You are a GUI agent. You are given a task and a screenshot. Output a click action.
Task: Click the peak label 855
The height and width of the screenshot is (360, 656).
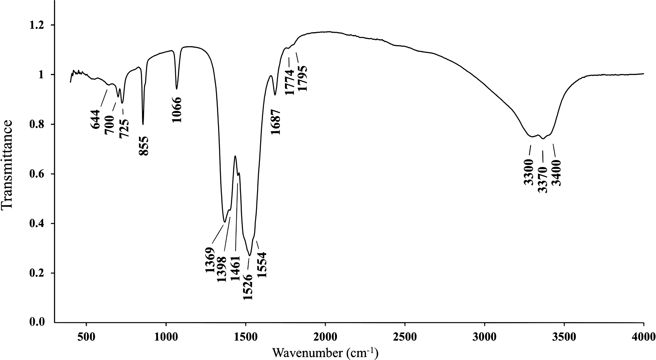coord(143,146)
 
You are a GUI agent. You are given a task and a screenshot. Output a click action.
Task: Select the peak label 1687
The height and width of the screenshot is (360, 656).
coord(276,122)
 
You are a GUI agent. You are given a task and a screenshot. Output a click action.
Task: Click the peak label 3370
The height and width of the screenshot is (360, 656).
coord(543,180)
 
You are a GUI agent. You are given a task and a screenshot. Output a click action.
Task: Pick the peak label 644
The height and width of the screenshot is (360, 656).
coord(95,119)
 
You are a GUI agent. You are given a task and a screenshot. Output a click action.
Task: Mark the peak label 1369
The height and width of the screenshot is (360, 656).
coord(210,260)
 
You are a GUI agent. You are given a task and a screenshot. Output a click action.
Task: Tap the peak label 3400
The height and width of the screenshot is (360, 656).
coord(556,173)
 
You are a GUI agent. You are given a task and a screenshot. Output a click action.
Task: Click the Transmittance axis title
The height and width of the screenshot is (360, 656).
coord(7,164)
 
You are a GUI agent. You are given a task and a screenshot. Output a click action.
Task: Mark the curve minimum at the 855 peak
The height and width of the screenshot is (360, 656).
coord(143,124)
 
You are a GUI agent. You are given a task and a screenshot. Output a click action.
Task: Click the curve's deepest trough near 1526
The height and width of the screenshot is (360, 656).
coord(250,256)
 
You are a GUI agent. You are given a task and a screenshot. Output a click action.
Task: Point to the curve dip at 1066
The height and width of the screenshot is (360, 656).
coord(177,89)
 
